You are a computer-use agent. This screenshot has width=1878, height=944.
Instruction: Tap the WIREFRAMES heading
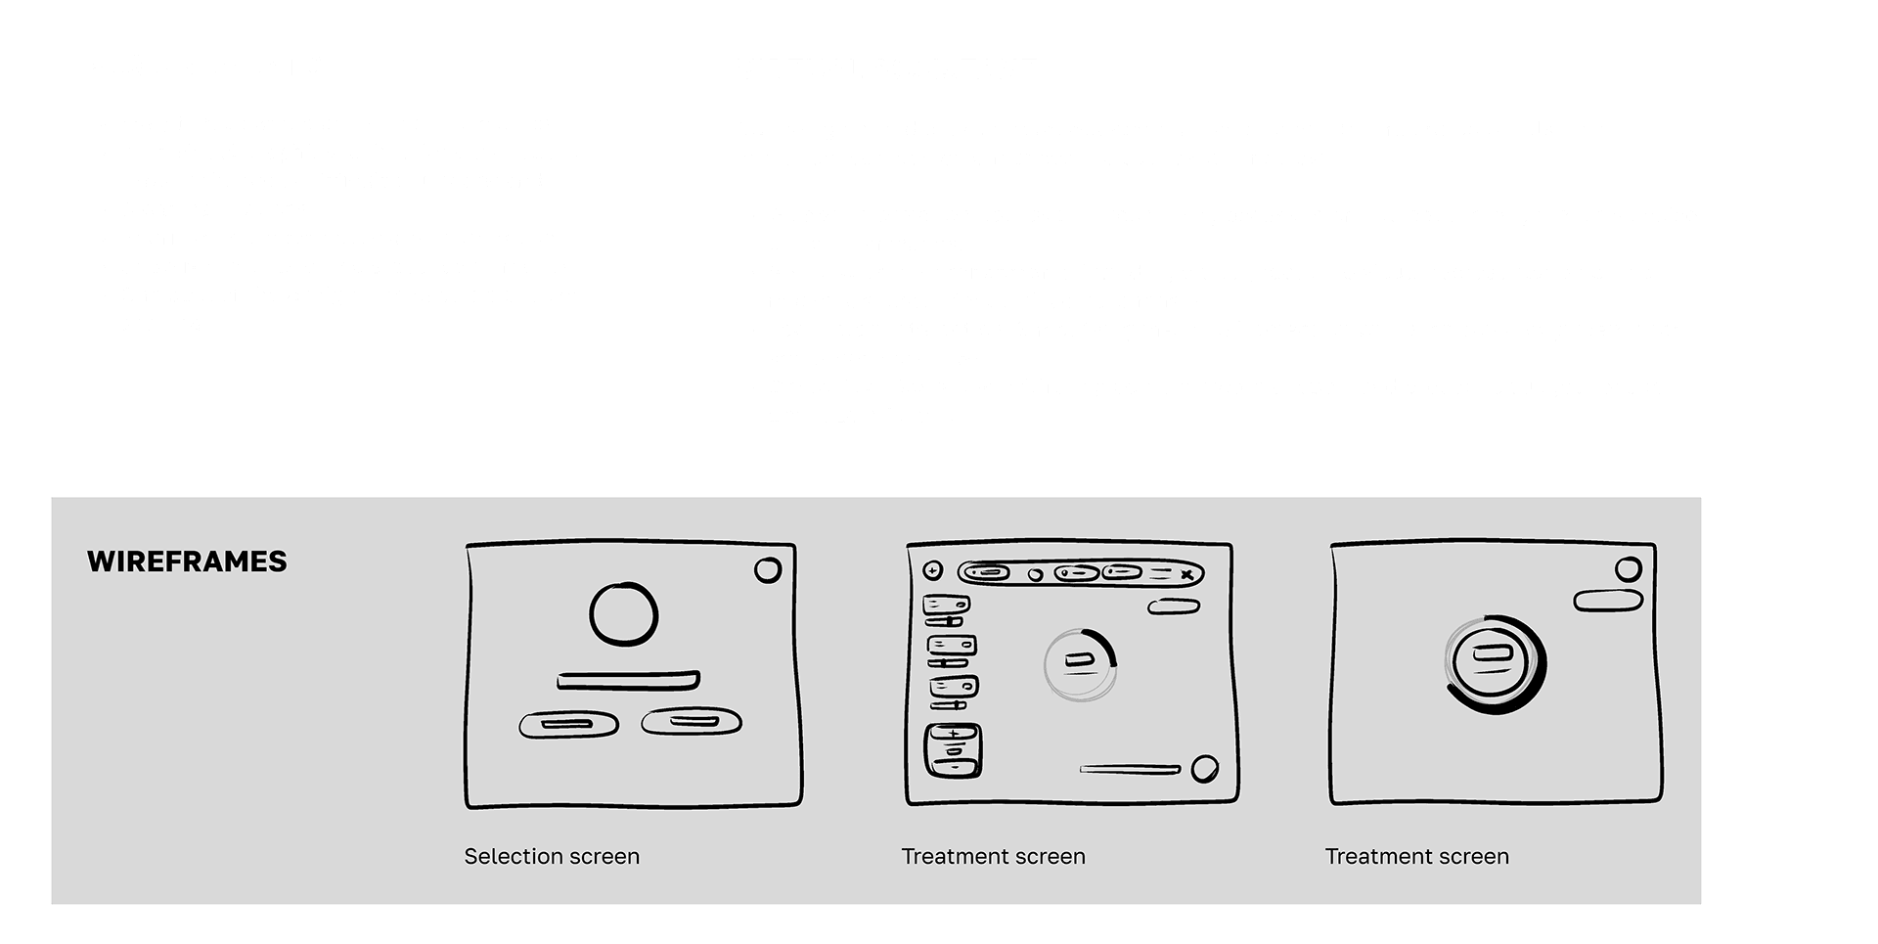(187, 562)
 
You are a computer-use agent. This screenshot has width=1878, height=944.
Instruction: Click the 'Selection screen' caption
(552, 856)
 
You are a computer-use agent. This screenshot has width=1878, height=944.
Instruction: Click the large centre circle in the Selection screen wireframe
(624, 614)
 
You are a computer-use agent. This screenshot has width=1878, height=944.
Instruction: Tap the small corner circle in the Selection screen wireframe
(768, 569)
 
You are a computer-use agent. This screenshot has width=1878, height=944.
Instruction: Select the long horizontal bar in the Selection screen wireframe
(628, 680)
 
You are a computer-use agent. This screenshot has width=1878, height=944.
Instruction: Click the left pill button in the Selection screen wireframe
(568, 725)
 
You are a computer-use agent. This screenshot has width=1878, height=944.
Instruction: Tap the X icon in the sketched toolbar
(1186, 575)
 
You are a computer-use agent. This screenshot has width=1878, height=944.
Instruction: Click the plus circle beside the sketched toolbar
(932, 571)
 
